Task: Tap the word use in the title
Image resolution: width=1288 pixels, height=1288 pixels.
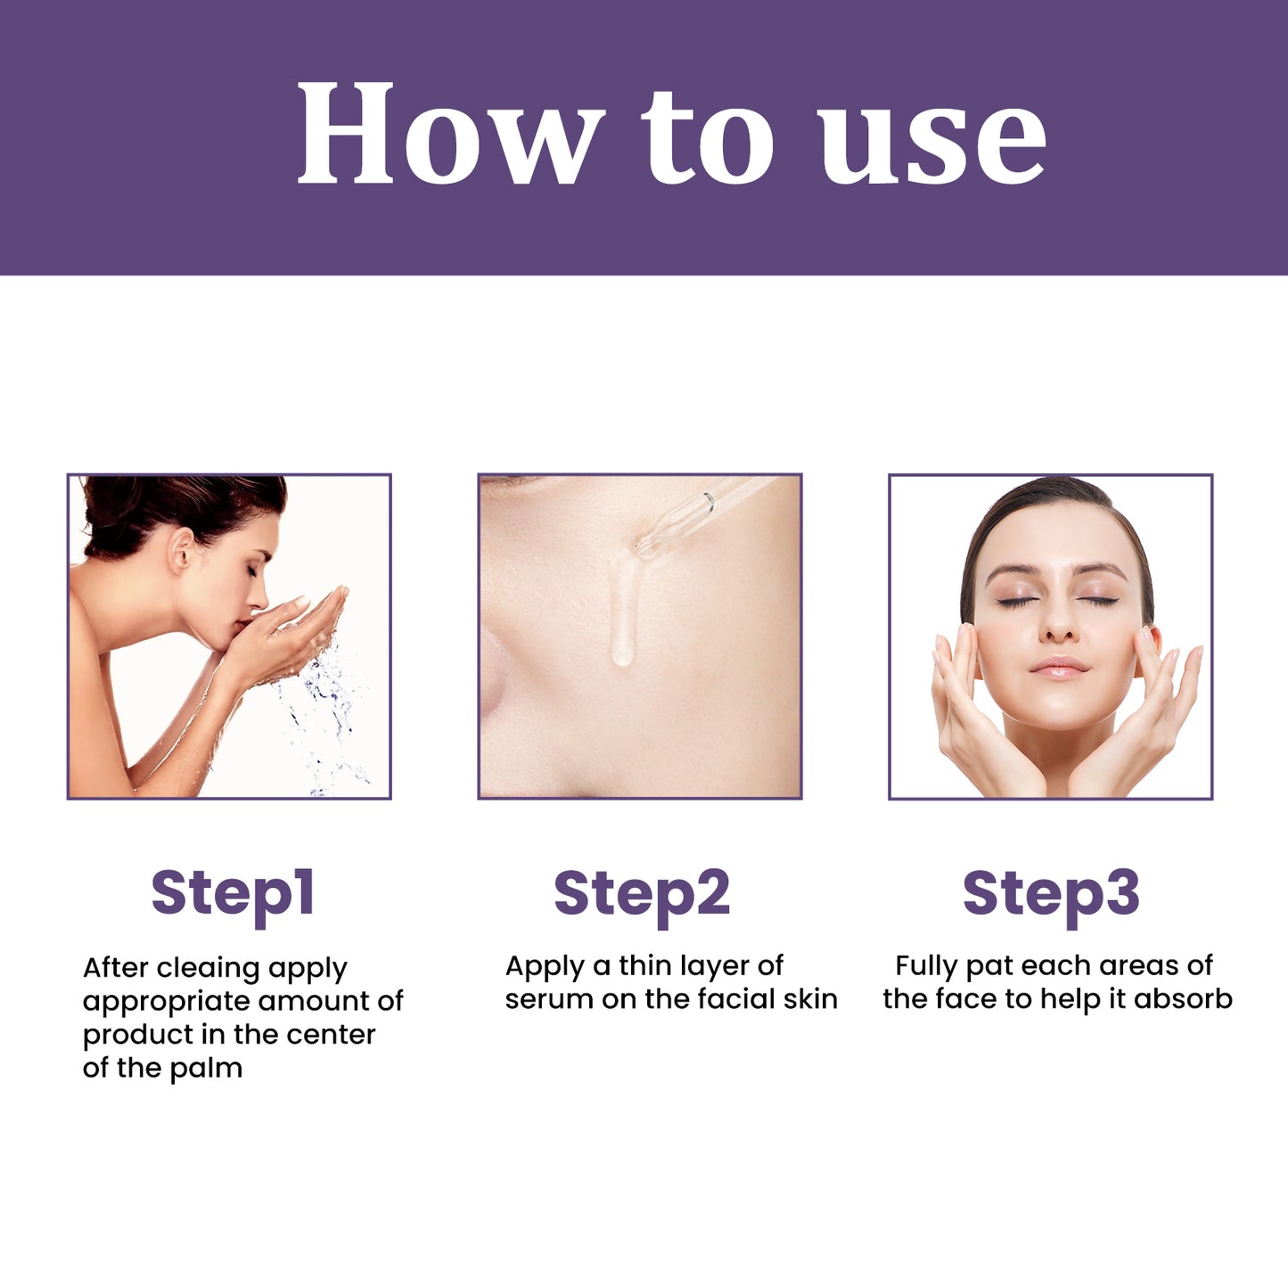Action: click(x=931, y=143)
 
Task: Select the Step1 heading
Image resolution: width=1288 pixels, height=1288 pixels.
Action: click(x=233, y=893)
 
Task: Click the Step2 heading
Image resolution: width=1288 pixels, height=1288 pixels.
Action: click(x=642, y=893)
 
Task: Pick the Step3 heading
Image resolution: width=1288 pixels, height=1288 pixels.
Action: click(x=1051, y=893)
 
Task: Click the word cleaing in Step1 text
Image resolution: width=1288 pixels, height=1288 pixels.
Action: click(x=209, y=968)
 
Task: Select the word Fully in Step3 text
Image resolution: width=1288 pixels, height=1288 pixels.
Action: click(x=926, y=966)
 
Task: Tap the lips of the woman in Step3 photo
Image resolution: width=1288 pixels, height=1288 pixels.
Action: click(x=1058, y=669)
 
